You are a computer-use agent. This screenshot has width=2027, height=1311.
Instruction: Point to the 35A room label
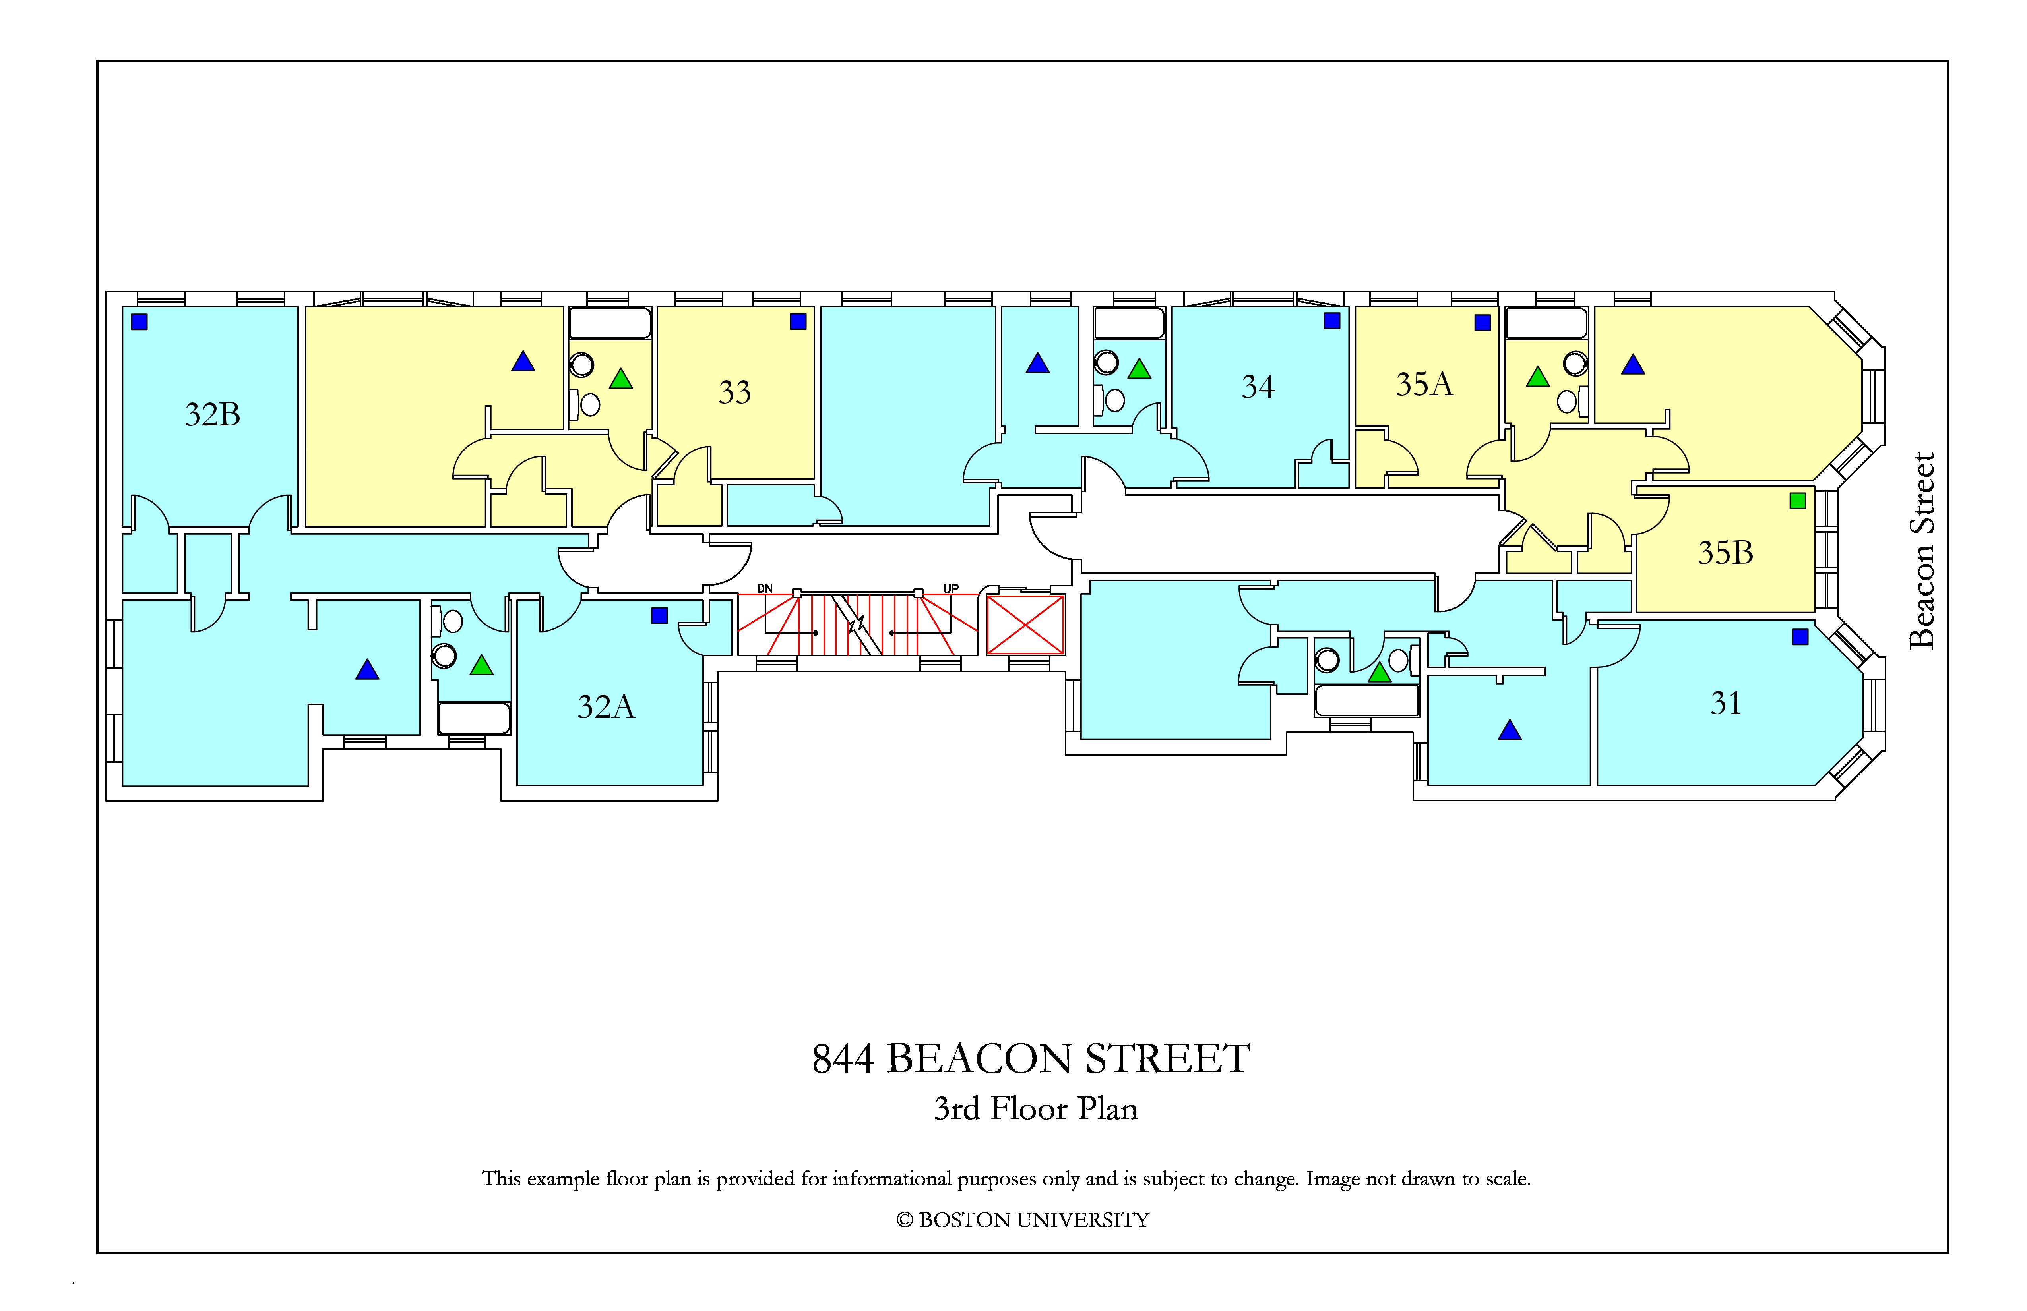click(1424, 384)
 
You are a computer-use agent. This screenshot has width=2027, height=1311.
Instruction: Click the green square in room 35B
click(1798, 501)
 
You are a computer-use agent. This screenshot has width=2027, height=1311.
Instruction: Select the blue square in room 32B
click(140, 322)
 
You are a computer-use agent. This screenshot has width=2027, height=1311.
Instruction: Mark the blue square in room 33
click(798, 321)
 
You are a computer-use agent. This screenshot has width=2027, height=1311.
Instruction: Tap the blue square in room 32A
click(659, 615)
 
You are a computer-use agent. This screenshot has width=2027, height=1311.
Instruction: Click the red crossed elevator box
click(1025, 625)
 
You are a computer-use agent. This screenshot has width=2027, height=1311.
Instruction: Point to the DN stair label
click(765, 588)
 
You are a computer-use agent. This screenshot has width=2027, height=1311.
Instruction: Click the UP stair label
click(951, 588)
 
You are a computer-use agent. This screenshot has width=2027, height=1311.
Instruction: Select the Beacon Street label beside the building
click(1922, 551)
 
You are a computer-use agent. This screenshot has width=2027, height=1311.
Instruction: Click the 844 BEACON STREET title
click(1031, 1059)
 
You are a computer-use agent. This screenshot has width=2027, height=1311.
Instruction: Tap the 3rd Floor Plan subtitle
click(1036, 1108)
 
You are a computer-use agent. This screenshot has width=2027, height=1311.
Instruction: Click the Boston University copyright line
click(1023, 1220)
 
